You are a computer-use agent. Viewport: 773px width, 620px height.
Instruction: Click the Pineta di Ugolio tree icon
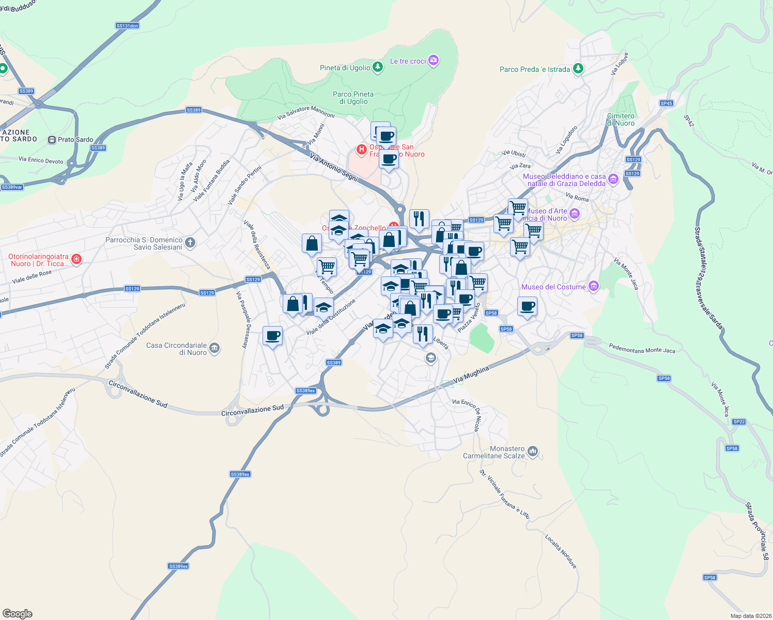point(378,67)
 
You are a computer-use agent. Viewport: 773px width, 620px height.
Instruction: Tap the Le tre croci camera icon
point(434,60)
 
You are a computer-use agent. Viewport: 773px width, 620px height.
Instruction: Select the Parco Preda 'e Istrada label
point(535,69)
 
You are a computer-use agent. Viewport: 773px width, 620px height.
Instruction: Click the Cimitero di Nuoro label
point(621,119)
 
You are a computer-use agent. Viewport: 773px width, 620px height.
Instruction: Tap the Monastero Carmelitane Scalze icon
point(533,452)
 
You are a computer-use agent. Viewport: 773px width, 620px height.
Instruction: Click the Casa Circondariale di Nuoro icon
point(214,348)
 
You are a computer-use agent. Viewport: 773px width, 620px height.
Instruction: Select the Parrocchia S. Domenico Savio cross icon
point(190,242)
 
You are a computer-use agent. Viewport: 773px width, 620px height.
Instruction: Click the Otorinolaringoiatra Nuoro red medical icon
point(76,259)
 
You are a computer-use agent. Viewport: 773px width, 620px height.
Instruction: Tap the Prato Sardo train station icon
point(52,139)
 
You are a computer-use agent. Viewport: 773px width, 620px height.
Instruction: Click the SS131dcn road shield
point(127,26)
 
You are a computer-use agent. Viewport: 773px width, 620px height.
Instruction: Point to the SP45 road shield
point(666,103)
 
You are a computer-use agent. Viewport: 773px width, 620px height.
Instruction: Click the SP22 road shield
point(739,422)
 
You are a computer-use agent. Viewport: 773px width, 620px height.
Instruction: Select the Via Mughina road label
point(471,376)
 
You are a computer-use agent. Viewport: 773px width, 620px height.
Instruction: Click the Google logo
point(17,613)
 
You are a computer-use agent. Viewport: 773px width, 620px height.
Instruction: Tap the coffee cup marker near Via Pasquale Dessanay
point(272,336)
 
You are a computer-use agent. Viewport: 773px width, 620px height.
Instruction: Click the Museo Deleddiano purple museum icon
point(613,179)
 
